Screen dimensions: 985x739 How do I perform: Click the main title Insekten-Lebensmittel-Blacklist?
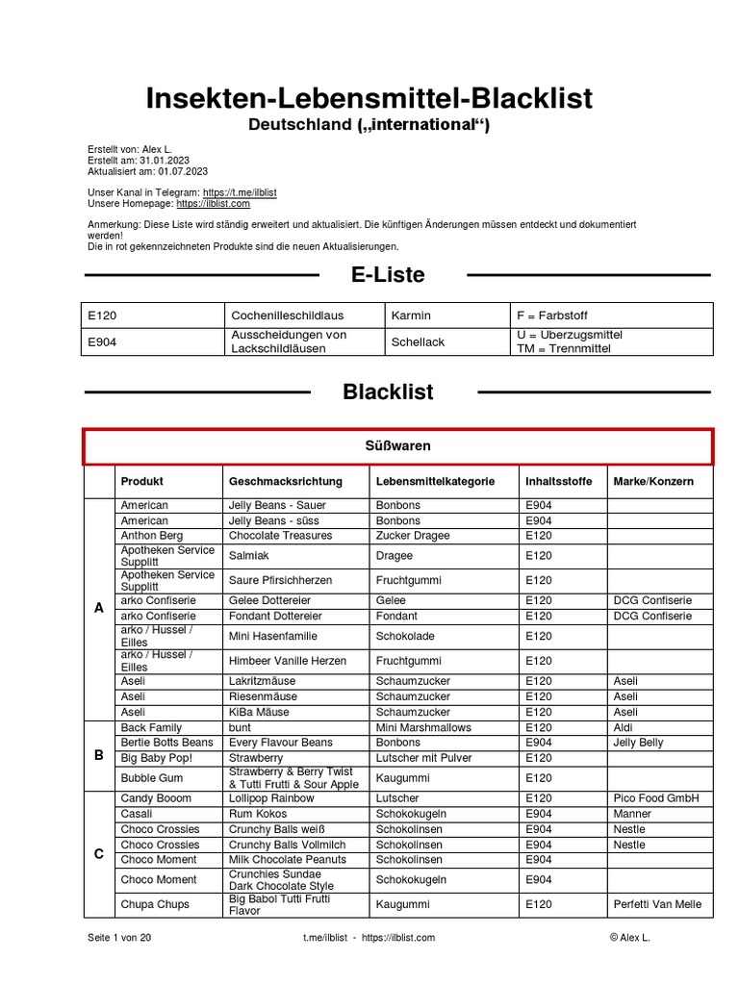coord(369,98)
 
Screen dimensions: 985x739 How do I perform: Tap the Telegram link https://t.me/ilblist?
coord(240,192)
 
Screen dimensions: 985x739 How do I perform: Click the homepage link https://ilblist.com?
coord(213,203)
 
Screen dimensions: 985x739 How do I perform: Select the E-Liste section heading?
coord(388,275)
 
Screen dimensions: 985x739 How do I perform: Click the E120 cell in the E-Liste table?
coord(103,316)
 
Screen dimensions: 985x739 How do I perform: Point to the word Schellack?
coord(418,341)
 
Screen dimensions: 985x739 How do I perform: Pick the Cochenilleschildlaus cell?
coord(288,316)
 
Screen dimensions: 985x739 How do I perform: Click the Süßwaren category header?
coord(397,446)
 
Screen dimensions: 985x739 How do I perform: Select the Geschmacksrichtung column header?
coord(285,481)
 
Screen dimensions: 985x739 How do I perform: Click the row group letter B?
coord(98,755)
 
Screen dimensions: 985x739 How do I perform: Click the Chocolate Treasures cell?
coord(280,536)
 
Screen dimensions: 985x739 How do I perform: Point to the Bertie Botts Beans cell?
coord(166,743)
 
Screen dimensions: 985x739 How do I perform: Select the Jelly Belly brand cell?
coord(638,743)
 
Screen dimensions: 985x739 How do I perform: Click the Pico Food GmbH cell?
coord(655,798)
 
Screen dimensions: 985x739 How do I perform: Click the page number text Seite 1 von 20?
coord(119,937)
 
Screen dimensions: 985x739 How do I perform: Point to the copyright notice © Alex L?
coord(629,937)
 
